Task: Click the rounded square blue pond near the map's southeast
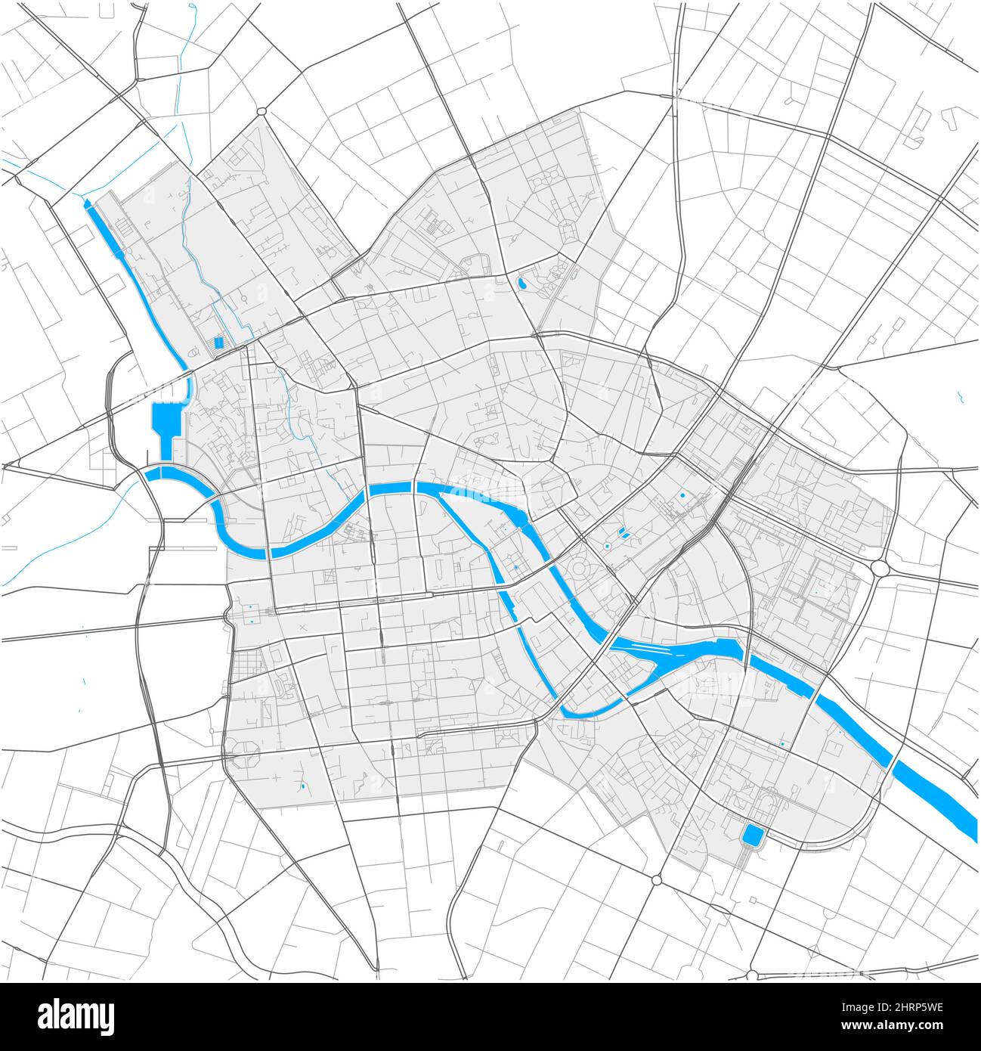coord(753,835)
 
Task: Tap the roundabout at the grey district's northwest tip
coord(261,112)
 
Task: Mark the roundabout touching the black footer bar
coord(753,975)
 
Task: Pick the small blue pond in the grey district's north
coord(521,285)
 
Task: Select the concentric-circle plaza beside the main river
coord(580,569)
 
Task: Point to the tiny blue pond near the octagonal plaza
coord(302,787)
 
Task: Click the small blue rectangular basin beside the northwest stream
coord(219,343)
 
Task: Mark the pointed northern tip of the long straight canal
coord(87,203)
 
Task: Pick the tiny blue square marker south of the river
coord(782,745)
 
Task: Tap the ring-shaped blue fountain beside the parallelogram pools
coord(607,545)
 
